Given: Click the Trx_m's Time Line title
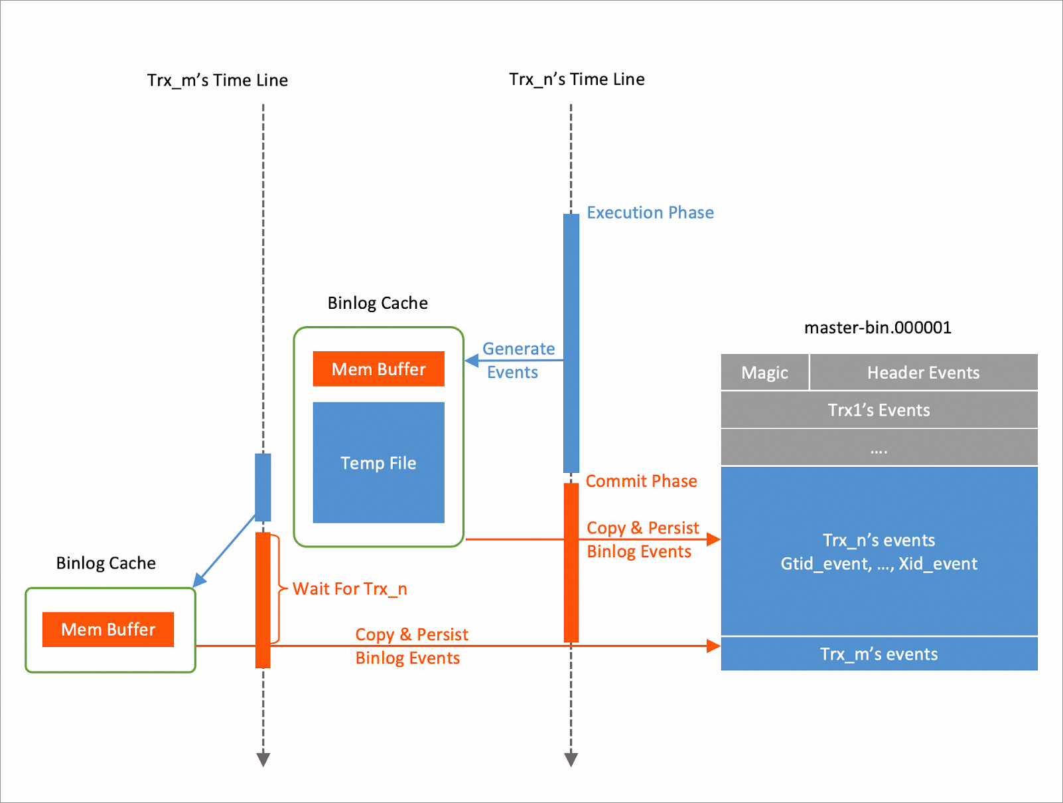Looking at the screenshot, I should [217, 80].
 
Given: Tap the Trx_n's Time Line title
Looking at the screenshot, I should [577, 80].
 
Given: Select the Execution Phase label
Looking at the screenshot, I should [650, 213].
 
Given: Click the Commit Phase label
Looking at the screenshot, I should [640, 481].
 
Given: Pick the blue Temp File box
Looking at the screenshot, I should [378, 463].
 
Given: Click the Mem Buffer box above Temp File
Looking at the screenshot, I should [378, 369].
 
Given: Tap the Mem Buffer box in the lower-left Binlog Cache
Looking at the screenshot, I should [108, 630].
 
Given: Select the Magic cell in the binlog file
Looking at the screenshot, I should [764, 373].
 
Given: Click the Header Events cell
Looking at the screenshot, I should [923, 373].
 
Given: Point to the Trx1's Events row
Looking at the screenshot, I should [879, 410].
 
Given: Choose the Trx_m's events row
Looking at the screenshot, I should [879, 654].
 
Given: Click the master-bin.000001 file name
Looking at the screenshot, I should [877, 327].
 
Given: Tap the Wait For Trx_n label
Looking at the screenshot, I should [350, 589].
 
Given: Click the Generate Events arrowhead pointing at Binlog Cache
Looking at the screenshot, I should [472, 361].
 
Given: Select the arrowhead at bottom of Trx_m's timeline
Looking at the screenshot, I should [263, 759].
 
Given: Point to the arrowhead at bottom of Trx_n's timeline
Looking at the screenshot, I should [571, 759].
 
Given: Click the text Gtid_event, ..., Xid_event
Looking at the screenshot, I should [879, 564].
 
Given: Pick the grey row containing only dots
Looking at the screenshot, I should [879, 448].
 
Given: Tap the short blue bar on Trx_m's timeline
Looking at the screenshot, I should [263, 487].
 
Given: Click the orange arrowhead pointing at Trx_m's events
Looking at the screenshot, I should [714, 646].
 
